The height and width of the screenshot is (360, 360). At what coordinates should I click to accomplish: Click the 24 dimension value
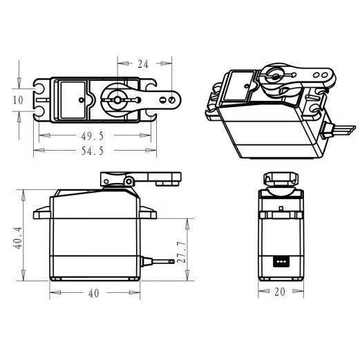143,64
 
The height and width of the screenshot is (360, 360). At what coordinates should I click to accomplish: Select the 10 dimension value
18,100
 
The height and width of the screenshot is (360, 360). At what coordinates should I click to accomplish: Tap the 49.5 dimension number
93,136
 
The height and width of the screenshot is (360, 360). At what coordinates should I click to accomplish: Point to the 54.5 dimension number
93,151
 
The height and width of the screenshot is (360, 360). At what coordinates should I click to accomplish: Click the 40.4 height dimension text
17,238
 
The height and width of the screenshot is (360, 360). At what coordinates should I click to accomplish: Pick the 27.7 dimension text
181,252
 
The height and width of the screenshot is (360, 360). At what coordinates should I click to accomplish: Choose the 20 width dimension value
280,292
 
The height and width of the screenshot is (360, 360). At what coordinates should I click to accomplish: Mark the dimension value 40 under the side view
94,293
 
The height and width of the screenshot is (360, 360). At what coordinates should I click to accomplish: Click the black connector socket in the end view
281,262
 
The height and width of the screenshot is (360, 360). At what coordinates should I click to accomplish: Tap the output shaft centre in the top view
117,100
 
